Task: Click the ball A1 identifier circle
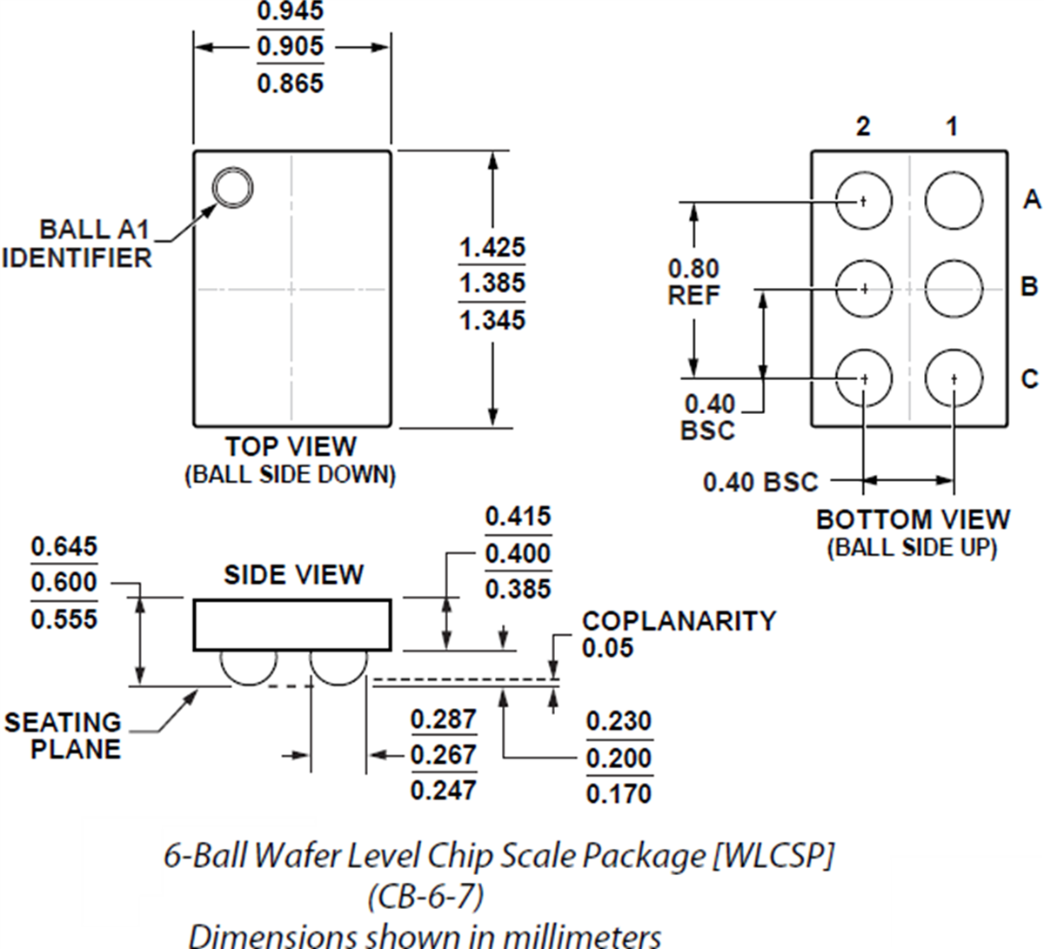[x=232, y=187]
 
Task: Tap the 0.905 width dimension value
[x=291, y=46]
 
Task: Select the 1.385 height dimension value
[x=492, y=284]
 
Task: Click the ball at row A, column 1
[x=954, y=200]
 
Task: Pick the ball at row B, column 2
[x=864, y=288]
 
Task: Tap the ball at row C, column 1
[x=954, y=379]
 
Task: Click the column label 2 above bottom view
[x=862, y=127]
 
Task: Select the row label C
[x=1029, y=379]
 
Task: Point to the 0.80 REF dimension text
[x=693, y=282]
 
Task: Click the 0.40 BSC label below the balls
[x=760, y=482]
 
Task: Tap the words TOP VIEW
[x=291, y=447]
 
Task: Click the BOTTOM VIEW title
[x=913, y=520]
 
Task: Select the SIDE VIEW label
[x=293, y=575]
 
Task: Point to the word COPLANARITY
[x=679, y=621]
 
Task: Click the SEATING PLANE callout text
[x=64, y=736]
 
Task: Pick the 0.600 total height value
[x=64, y=583]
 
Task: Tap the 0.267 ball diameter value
[x=444, y=755]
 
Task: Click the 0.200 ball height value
[x=619, y=758]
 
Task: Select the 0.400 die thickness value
[x=518, y=553]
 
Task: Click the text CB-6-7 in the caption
[x=425, y=895]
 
